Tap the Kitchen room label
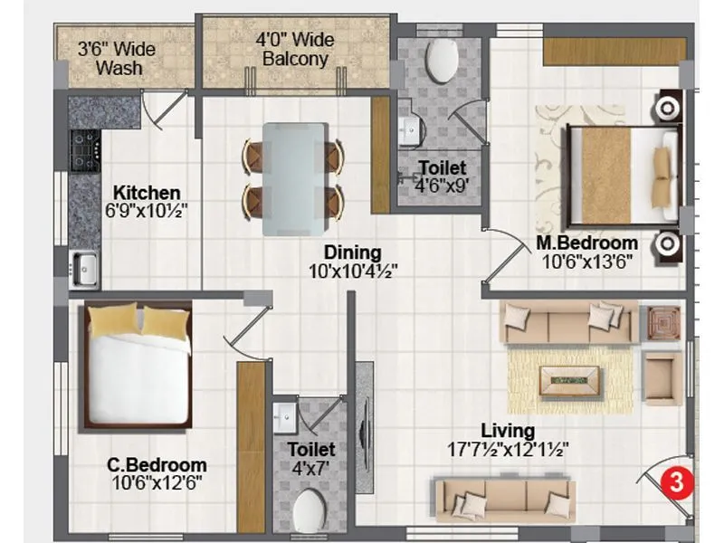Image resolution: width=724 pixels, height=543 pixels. point(146,193)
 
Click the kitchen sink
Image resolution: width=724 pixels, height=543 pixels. point(86,267)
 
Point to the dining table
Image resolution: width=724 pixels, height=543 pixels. point(293,178)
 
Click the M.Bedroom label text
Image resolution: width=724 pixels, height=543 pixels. point(586,243)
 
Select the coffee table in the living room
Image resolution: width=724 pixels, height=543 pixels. point(569,380)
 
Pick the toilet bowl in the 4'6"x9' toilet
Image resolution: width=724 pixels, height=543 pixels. point(441,60)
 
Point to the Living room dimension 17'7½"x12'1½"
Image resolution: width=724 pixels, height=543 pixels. point(508,449)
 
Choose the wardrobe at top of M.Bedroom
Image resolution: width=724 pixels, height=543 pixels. point(612,51)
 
